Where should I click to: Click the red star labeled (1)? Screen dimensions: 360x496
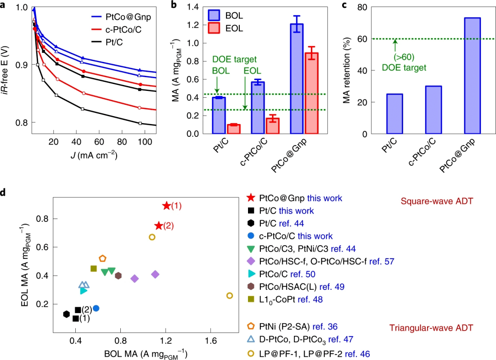point(166,206)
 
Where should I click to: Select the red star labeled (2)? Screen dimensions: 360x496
point(159,225)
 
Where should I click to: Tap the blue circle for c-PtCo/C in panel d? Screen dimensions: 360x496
point(96,308)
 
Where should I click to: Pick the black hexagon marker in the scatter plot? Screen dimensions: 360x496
point(67,314)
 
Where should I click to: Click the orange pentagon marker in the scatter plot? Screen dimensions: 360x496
point(102,259)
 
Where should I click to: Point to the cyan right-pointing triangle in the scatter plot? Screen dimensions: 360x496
point(83,290)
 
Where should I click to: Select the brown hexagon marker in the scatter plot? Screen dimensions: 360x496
point(118,276)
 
